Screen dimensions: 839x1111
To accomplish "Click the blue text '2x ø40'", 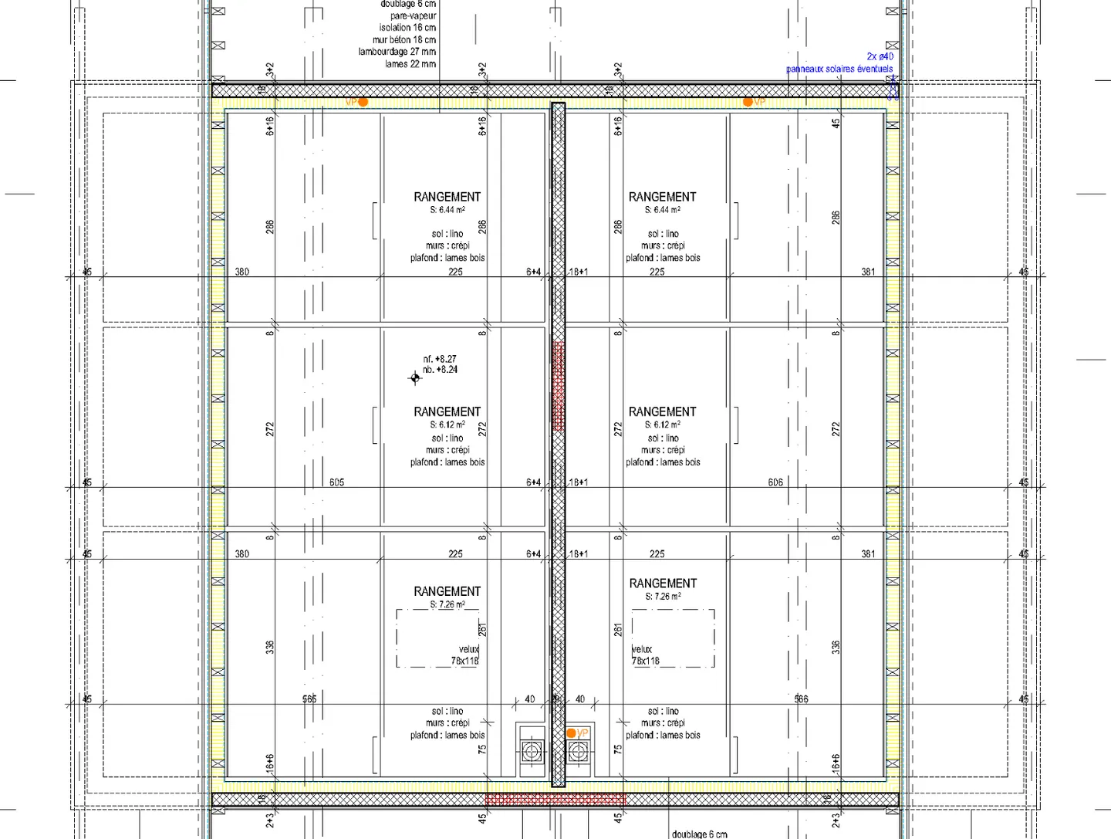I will (x=880, y=56).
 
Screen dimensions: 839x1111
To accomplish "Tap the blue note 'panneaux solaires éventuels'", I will (x=839, y=69).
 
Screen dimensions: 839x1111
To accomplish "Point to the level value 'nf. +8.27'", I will (x=440, y=359).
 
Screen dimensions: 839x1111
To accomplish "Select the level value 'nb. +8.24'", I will (x=440, y=370).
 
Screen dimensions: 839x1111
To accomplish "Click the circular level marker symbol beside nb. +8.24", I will (x=415, y=377).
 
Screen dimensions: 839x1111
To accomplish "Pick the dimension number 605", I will (x=337, y=482).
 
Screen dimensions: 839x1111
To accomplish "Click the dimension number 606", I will (x=775, y=482).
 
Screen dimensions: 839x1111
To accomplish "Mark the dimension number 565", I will (x=309, y=699).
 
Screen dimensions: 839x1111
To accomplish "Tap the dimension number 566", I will (x=802, y=699).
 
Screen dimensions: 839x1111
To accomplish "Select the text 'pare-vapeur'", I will (x=413, y=15).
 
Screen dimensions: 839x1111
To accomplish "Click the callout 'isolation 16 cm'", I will (x=407, y=28).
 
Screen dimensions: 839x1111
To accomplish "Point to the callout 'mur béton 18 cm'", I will (x=404, y=40).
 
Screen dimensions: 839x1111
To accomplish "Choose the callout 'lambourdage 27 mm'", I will (x=397, y=52).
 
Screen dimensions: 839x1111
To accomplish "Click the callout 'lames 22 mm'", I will (x=410, y=64).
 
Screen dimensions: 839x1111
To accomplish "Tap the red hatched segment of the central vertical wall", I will (x=559, y=386).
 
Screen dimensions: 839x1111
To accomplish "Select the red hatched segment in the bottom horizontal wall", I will (x=555, y=799).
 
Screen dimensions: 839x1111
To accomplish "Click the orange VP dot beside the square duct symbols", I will (x=572, y=733).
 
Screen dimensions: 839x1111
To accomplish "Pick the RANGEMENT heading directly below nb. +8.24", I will (x=447, y=411).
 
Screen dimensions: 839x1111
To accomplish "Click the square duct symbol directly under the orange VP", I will (x=578, y=751).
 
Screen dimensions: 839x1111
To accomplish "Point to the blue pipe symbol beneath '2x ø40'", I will (x=893, y=89).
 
